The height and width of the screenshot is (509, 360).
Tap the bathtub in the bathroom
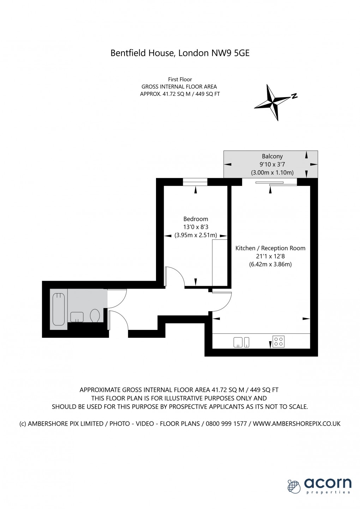[59, 309]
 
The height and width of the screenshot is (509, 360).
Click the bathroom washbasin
[77, 317]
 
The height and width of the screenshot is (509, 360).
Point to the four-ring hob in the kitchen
[278, 342]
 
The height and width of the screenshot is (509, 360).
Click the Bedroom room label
[196, 219]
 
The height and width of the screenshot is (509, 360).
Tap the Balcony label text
[272, 156]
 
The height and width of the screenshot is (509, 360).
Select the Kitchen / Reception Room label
[270, 248]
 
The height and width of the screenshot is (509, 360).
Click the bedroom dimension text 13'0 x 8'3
[196, 227]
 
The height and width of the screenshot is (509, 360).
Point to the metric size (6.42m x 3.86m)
[270, 264]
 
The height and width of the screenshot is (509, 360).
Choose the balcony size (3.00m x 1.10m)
[272, 173]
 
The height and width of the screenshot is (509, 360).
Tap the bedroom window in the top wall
[195, 182]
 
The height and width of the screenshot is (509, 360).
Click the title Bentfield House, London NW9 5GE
[180, 53]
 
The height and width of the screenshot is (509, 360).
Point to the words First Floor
[180, 79]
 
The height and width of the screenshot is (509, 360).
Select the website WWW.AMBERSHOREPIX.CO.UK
[297, 424]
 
